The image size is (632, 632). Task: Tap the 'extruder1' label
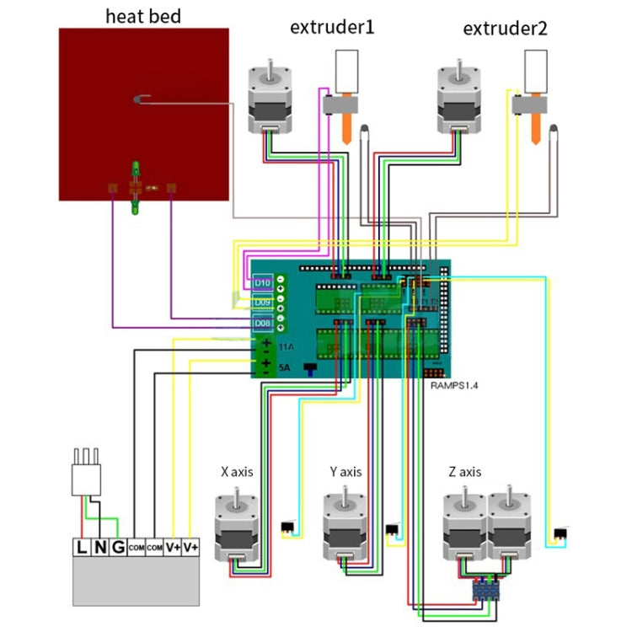[332, 28]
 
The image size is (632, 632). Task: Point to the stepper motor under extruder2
[458, 97]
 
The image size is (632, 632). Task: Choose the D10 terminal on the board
[261, 281]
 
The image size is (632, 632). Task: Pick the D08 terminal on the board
[261, 323]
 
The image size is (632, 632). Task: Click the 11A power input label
[286, 345]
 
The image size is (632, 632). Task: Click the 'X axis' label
[237, 472]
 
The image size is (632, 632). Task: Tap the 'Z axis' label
[463, 472]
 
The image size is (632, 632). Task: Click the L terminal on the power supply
[82, 548]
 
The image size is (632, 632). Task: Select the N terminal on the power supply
[100, 548]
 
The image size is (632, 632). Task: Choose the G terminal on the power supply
[118, 548]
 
